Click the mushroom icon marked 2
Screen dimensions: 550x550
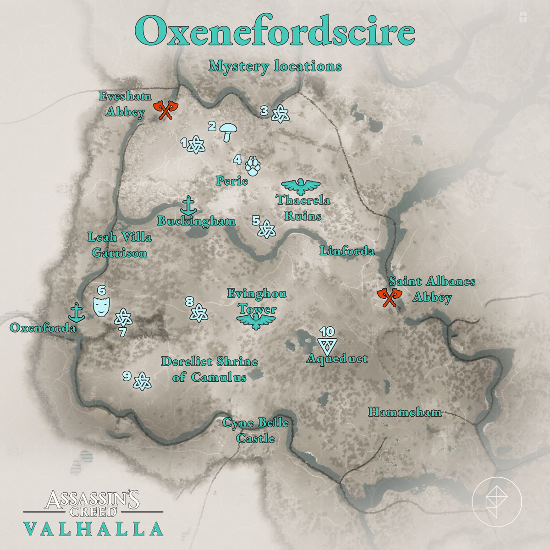click(x=228, y=132)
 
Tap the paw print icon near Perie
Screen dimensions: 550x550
click(x=253, y=166)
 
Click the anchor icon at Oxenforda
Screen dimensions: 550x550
click(x=77, y=312)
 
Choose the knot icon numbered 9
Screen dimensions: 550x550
click(x=142, y=380)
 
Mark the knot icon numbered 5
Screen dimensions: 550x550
click(x=266, y=228)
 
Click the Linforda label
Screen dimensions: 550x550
click(x=347, y=251)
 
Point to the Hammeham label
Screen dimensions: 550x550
click(x=405, y=412)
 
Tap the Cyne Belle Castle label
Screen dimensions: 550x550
click(x=256, y=430)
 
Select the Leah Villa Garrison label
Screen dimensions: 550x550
click(x=119, y=245)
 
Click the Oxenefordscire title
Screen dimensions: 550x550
click(x=275, y=31)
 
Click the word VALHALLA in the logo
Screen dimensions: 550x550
click(x=93, y=529)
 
